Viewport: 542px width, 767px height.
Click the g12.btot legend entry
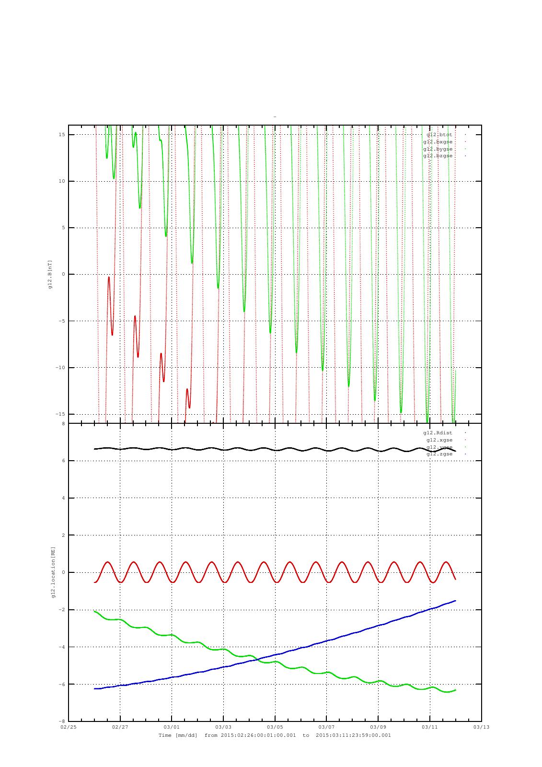tap(439, 135)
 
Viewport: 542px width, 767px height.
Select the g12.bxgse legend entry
tap(438, 142)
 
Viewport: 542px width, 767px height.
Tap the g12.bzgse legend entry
tap(438, 156)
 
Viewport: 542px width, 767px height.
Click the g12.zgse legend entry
tap(439, 454)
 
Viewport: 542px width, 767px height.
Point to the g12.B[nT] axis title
tap(50, 275)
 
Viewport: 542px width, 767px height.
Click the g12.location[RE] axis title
tap(54, 572)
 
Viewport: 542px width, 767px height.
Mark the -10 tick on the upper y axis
tap(61, 368)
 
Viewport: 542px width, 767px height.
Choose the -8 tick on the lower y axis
tap(62, 721)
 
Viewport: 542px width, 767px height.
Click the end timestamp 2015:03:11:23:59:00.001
tap(353, 735)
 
